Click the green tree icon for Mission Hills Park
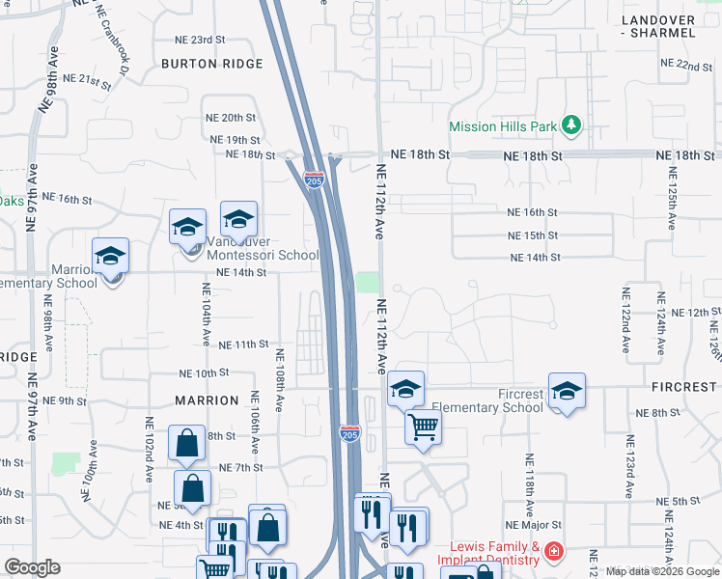pyautogui.click(x=571, y=125)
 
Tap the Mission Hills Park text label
pyautogui.click(x=503, y=126)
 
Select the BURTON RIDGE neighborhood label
pyautogui.click(x=212, y=64)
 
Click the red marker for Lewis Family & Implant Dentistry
pyautogui.click(x=553, y=552)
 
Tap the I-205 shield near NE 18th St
pyautogui.click(x=314, y=179)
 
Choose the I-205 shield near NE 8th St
pyautogui.click(x=349, y=434)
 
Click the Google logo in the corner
pyautogui.click(x=32, y=567)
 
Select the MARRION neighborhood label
pyautogui.click(x=207, y=400)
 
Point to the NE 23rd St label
pyautogui.click(x=200, y=40)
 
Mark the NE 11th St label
pyautogui.click(x=243, y=345)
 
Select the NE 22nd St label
pyautogui.click(x=687, y=65)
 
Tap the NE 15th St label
pyautogui.click(x=533, y=235)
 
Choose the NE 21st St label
pyautogui.click(x=87, y=79)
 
